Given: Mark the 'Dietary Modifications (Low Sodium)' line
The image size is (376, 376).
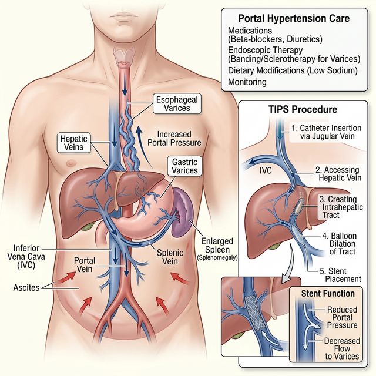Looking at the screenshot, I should [x=288, y=70].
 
